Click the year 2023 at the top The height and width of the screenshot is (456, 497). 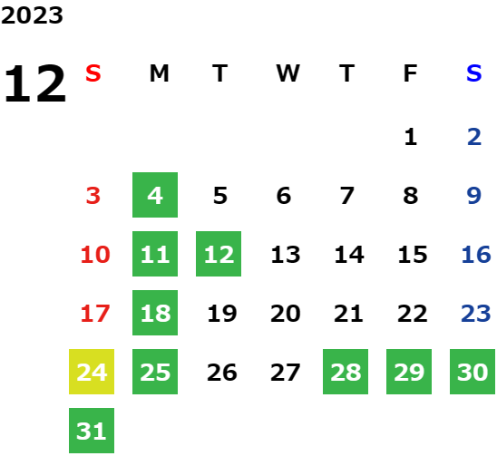pyautogui.click(x=32, y=15)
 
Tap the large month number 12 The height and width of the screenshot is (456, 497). pyautogui.click(x=34, y=83)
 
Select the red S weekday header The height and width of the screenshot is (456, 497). pyautogui.click(x=93, y=73)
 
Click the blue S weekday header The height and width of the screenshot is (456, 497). pyautogui.click(x=474, y=73)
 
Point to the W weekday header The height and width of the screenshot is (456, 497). pyautogui.click(x=287, y=73)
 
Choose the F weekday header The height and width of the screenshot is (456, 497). pyautogui.click(x=411, y=73)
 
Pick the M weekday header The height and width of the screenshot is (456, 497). pyautogui.click(x=159, y=73)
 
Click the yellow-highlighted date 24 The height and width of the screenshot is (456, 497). pyautogui.click(x=92, y=372)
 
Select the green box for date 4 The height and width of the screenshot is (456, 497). pyautogui.click(x=155, y=195)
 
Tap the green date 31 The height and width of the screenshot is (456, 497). pyautogui.click(x=92, y=431)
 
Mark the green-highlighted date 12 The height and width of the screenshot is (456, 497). pyautogui.click(x=219, y=254)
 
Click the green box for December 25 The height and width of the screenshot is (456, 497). pyautogui.click(x=155, y=372)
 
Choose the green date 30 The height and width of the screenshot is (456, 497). pyautogui.click(x=473, y=372)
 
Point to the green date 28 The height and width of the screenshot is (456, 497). pyautogui.click(x=346, y=372)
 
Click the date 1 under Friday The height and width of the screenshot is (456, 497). pyautogui.click(x=411, y=137)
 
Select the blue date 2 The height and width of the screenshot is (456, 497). pyautogui.click(x=474, y=137)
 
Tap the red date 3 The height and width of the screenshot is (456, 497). pyautogui.click(x=93, y=196)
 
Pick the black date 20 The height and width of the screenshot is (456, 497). pyautogui.click(x=286, y=314)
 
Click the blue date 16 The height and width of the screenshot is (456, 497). pyautogui.click(x=476, y=255)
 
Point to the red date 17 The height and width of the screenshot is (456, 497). pyautogui.click(x=95, y=314)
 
